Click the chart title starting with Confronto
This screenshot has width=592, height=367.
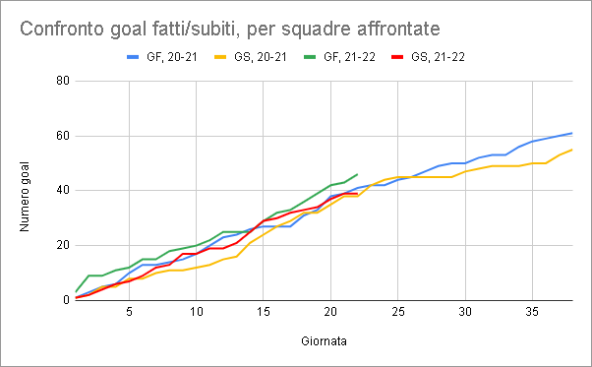pos(229,29)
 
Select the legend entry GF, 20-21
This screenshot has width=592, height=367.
pos(162,57)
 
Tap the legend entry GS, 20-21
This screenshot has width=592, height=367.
pos(251,57)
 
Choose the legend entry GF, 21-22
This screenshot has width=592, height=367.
pos(340,57)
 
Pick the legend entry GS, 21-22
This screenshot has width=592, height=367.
pos(428,57)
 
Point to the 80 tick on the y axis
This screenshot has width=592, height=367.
pos(63,81)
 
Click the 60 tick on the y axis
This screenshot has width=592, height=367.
pos(63,136)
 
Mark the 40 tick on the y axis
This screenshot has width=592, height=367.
pos(63,190)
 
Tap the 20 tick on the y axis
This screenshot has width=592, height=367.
pos(63,245)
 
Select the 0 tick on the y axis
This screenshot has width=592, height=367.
pos(67,300)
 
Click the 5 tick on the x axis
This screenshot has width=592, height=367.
pos(129,312)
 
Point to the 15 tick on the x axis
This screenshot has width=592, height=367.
pos(264,312)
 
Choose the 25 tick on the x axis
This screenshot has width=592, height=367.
pos(398,312)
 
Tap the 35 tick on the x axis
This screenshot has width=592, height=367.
pos(533,312)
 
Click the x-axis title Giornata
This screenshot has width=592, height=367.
pos(324,341)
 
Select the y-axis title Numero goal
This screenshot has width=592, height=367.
pos(25,197)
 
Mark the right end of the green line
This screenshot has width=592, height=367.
pos(357,174)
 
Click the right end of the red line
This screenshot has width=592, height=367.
pos(357,194)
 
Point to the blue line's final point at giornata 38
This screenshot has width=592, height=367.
pos(572,133)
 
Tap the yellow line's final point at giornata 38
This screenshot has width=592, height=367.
pos(572,150)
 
